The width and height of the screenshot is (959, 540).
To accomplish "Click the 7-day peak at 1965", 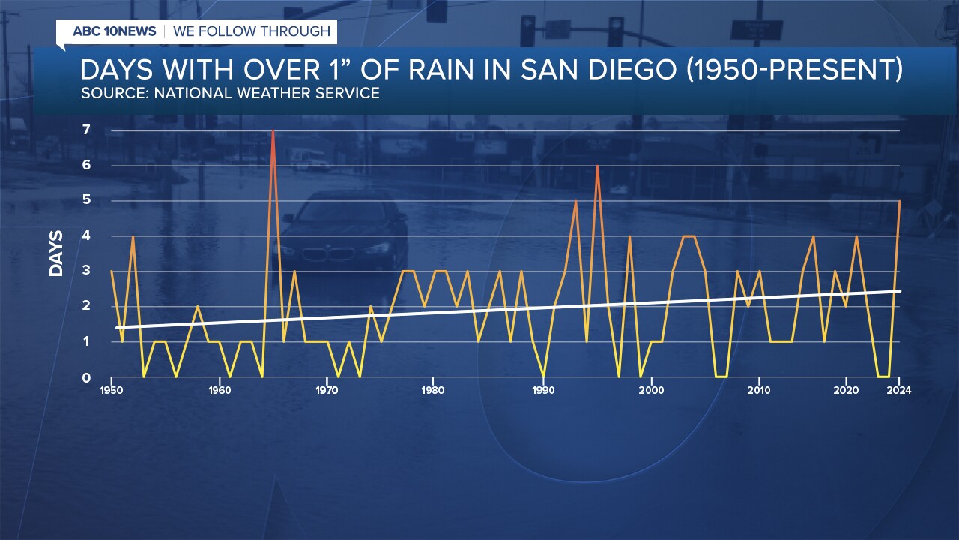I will click(273, 131).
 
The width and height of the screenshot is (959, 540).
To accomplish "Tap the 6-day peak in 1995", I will click(597, 166).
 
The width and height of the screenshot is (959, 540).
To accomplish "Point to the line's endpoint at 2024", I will click(899, 201).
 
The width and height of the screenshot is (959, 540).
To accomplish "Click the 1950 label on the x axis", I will click(112, 390).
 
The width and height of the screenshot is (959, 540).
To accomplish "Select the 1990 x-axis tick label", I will click(543, 390).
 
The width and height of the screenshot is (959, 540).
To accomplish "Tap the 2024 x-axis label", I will click(898, 390).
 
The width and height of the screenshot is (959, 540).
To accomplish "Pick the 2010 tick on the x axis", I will click(759, 390).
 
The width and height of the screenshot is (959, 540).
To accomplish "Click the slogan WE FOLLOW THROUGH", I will click(252, 31).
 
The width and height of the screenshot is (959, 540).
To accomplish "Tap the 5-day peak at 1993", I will click(575, 202).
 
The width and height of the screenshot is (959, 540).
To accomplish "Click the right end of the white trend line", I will click(900, 291).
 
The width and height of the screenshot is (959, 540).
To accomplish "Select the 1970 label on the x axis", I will click(327, 390).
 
